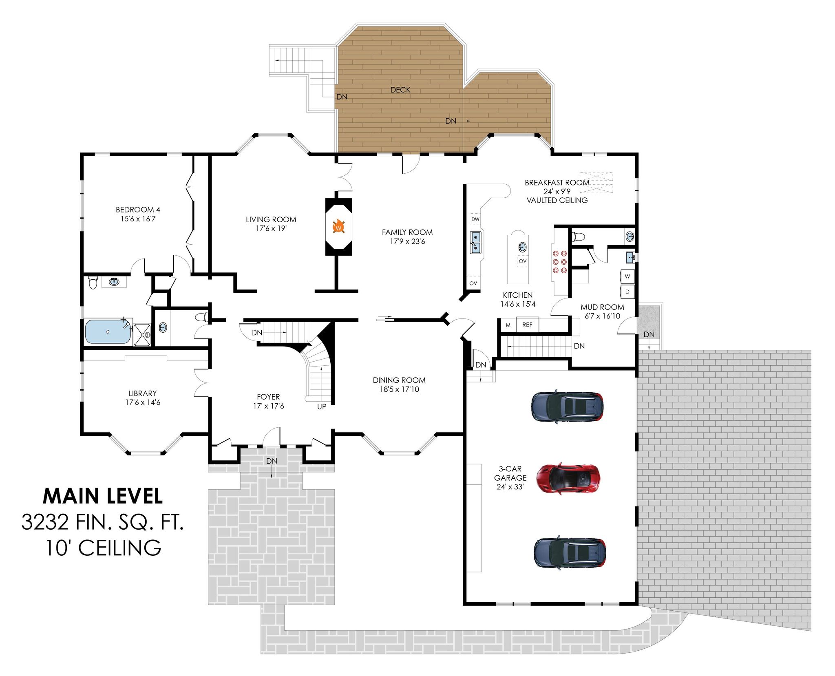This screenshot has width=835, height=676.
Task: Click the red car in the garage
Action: pyautogui.click(x=568, y=478)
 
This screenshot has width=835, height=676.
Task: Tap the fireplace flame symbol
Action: pyautogui.click(x=338, y=227)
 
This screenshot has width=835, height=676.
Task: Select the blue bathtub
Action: pyautogui.click(x=108, y=331)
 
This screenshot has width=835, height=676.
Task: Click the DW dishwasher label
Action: pyautogui.click(x=475, y=219)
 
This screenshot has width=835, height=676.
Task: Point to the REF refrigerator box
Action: pyautogui.click(x=527, y=325)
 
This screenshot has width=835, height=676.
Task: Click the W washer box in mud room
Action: pyautogui.click(x=627, y=276)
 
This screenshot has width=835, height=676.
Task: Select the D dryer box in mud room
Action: pyautogui.click(x=627, y=292)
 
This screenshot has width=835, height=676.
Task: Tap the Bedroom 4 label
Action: pyautogui.click(x=138, y=210)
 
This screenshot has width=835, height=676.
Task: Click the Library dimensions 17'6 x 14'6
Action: pyautogui.click(x=143, y=402)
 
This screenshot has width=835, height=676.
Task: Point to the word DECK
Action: pyautogui.click(x=400, y=90)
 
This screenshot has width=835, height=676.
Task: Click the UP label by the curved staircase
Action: pyautogui.click(x=322, y=406)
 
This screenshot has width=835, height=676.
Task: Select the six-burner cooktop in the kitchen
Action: pyautogui.click(x=559, y=262)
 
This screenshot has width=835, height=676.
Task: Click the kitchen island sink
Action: pyautogui.click(x=522, y=247)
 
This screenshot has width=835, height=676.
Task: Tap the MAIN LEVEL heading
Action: pyautogui.click(x=103, y=496)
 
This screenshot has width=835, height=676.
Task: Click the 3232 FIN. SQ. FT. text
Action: pyautogui.click(x=103, y=522)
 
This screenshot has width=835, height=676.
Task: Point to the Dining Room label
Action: pyautogui.click(x=399, y=380)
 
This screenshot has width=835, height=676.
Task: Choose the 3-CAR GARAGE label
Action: pyautogui.click(x=510, y=473)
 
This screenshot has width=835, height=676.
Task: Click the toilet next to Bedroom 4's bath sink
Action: pyautogui.click(x=93, y=282)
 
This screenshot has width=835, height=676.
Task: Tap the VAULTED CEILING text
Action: pyautogui.click(x=557, y=200)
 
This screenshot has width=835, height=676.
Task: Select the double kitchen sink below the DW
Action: pyautogui.click(x=475, y=242)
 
